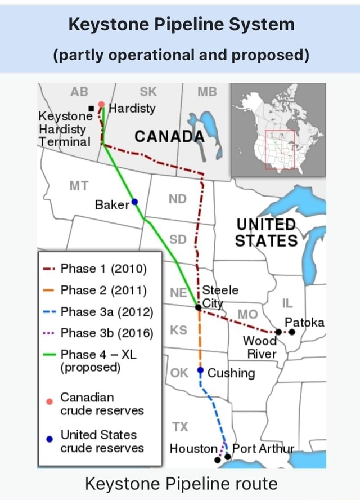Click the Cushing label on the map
point(231,373)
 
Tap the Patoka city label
point(304,323)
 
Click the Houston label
point(193,449)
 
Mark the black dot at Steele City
point(198,307)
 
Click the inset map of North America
point(278,129)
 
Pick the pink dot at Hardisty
point(102,104)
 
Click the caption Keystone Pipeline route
point(181,483)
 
